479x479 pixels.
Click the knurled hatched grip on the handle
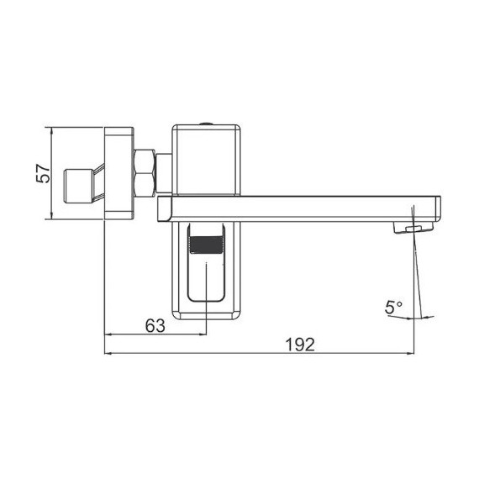tap(206, 247)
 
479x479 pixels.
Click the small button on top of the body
tap(207, 125)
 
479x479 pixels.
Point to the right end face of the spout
tap(438, 208)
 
